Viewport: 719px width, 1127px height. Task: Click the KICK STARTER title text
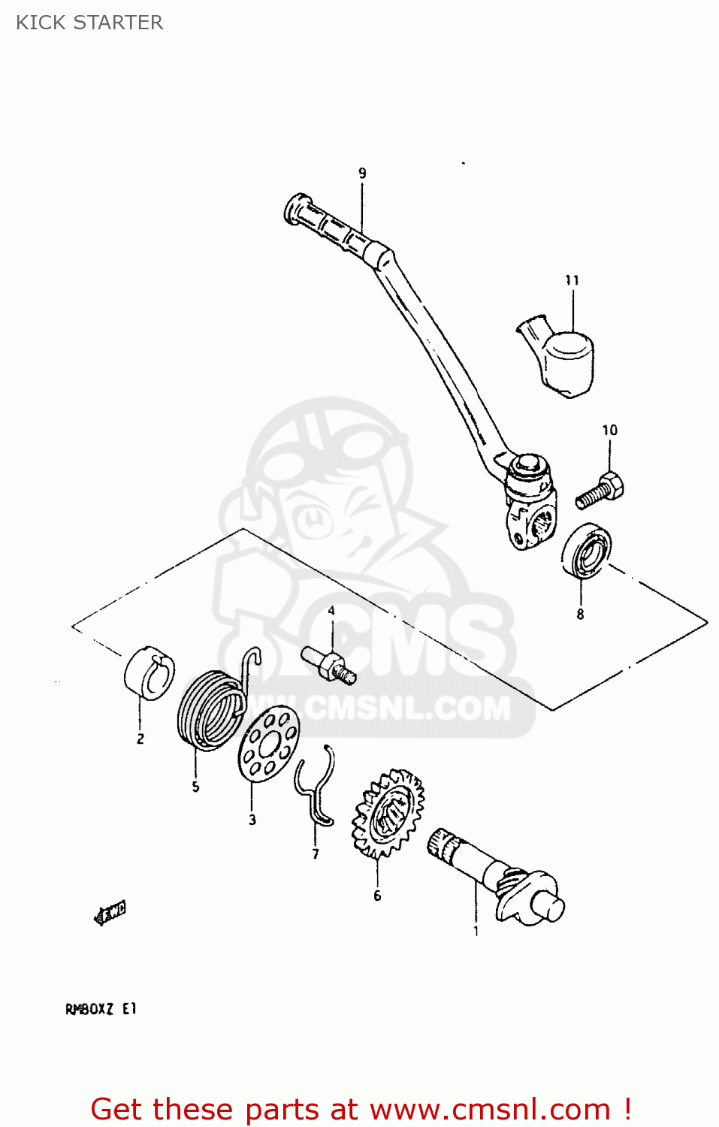(x=89, y=23)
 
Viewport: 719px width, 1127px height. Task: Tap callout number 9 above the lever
(x=362, y=174)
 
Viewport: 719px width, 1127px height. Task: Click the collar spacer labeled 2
(x=150, y=672)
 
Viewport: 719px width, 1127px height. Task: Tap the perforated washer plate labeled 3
(x=268, y=744)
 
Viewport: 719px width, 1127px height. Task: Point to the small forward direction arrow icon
(x=110, y=912)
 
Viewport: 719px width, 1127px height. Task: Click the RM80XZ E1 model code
(x=101, y=1008)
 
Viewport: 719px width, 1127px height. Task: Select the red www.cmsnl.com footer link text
(x=489, y=1109)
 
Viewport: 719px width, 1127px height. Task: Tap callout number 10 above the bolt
(x=609, y=430)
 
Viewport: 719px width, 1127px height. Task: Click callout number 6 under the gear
(x=377, y=896)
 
